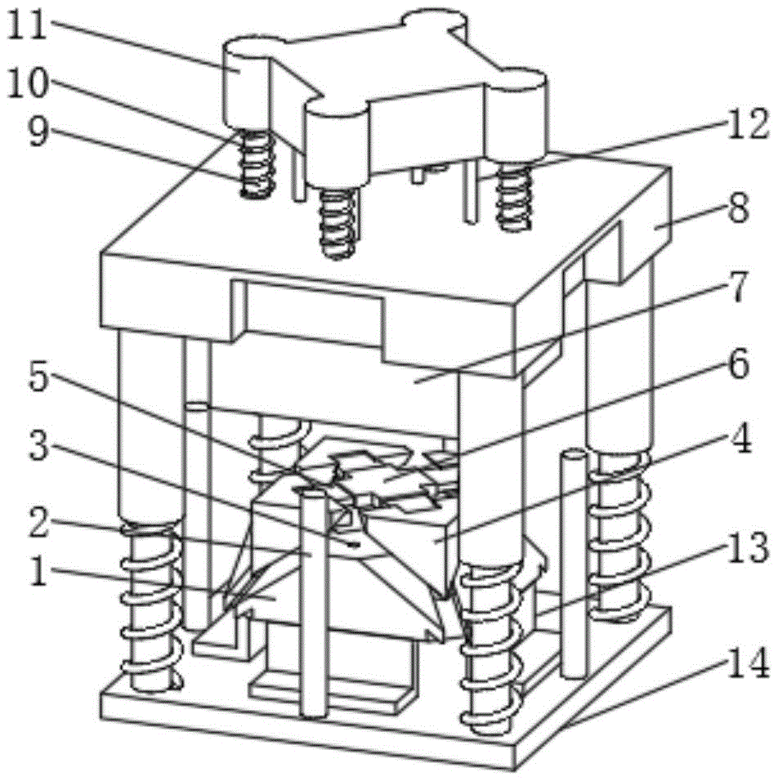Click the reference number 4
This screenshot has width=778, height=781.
(x=741, y=444)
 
